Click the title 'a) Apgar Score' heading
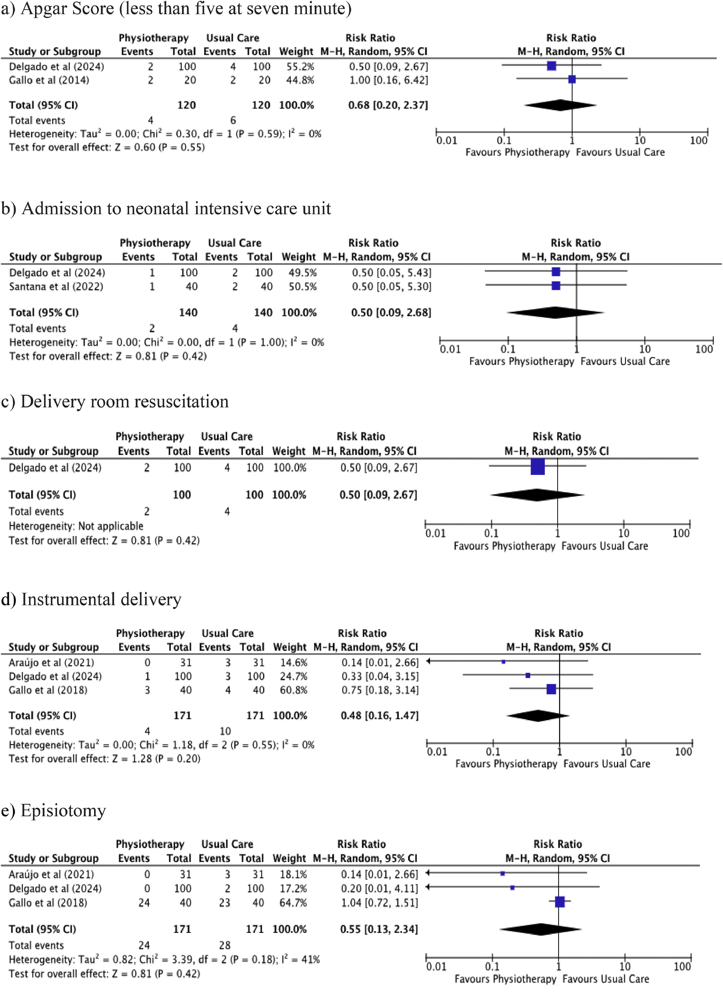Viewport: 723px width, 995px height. (x=176, y=9)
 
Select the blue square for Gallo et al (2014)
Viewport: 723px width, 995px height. (x=572, y=80)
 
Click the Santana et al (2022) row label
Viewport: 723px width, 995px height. (x=56, y=287)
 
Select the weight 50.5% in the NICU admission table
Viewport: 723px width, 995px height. (x=302, y=287)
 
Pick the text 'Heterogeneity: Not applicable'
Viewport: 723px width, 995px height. (x=76, y=526)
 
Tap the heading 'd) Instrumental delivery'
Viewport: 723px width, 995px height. (x=91, y=599)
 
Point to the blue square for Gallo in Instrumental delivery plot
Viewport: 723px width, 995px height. (x=551, y=689)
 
